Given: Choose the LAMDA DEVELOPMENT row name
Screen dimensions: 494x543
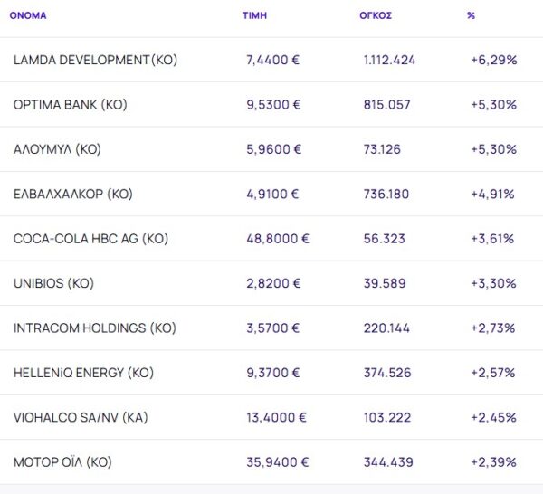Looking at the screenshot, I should click(95, 60).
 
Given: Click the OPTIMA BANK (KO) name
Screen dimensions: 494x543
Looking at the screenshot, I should click(71, 104).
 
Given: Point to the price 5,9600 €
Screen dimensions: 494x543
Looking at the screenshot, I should click(273, 149).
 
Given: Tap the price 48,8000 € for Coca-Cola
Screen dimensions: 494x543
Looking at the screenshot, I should click(278, 239).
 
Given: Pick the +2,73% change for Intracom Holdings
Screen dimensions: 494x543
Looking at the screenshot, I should click(493, 328).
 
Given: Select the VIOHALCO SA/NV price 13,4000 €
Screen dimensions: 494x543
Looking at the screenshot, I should click(277, 417).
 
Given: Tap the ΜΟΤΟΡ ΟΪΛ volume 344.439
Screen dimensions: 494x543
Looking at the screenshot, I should click(387, 462).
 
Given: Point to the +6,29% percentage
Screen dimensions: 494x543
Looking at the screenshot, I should click(493, 60).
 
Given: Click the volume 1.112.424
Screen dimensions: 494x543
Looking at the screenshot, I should click(389, 60).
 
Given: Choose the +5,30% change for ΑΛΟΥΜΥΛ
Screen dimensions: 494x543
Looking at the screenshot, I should click(493, 149).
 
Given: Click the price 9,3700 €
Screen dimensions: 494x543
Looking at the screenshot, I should click(273, 373).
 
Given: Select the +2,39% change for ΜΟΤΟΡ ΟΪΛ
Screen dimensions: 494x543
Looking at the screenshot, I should click(493, 462).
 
